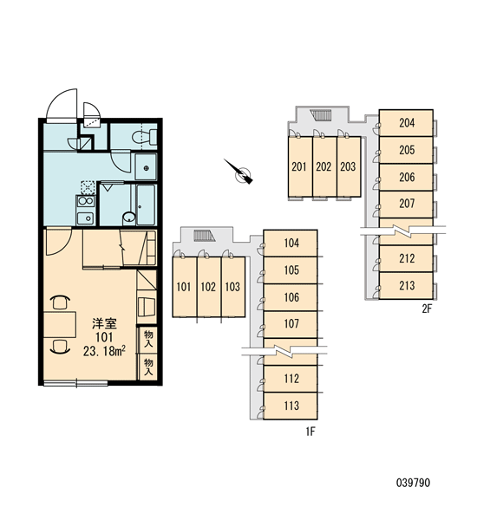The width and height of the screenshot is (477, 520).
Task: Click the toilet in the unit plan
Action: pos(144,137)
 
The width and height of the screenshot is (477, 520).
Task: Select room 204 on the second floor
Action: pos(406,123)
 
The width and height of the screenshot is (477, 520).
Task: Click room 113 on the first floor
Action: pos(291,406)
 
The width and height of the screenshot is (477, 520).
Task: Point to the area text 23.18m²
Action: pos(104,351)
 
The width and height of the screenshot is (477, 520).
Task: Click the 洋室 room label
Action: pos(104,323)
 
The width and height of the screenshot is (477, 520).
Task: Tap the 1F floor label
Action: pos(310,432)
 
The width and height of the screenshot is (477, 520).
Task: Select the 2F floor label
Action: pos(427,309)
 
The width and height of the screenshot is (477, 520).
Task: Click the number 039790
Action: pos(413,483)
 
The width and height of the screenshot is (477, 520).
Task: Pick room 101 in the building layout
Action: pos(184,287)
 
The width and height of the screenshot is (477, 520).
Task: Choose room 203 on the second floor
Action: pos(349,166)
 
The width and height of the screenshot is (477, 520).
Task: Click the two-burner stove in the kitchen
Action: pos(86,201)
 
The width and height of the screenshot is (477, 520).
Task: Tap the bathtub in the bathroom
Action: pos(146,205)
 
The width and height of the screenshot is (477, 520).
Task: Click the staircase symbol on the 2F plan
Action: pos(321,115)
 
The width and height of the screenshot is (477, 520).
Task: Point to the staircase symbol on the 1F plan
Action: pos(205,236)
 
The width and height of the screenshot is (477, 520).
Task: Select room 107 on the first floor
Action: pos(291,324)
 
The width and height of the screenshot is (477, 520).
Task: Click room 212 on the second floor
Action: pos(406,258)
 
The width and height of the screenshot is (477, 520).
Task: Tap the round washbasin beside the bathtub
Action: pos(129,218)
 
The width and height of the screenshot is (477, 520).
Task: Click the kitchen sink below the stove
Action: pos(86,218)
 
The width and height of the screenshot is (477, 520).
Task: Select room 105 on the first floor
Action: pos(291,270)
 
